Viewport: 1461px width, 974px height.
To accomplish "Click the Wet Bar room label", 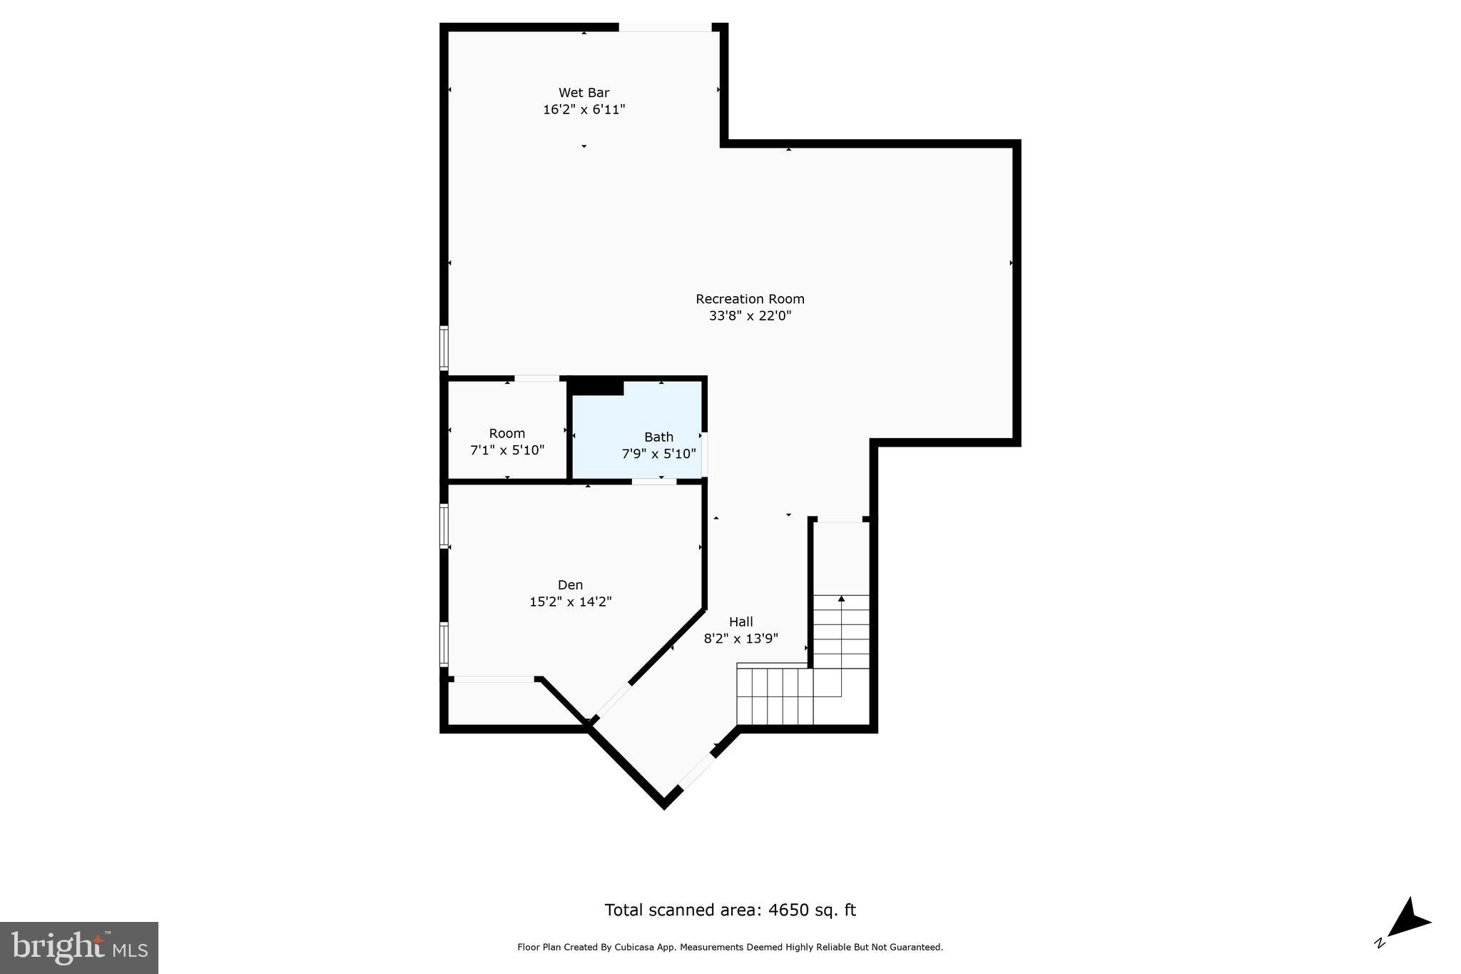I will coord(584,93).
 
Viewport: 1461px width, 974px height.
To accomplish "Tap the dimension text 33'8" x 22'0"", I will coord(750,316).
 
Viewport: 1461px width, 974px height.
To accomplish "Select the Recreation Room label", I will coord(750,299).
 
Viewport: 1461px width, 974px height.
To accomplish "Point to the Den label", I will coord(570,585).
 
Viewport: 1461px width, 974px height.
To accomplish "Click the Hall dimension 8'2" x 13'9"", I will coord(740,639).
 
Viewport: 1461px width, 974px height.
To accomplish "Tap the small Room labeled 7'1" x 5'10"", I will coord(506,442).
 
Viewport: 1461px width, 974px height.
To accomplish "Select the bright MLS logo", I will coord(78,948).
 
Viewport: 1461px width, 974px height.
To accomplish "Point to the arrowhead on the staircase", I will coord(841,599).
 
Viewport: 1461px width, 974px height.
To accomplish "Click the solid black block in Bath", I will coord(596,387).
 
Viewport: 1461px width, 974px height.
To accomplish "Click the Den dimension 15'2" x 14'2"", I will coord(570,602).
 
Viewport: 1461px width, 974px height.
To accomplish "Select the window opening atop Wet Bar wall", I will coord(664,28).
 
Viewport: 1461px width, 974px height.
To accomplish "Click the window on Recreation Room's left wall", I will coord(444,348).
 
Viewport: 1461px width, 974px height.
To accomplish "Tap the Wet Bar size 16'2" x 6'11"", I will coord(584,110).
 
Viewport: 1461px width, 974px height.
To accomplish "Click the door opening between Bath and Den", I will coord(653,482).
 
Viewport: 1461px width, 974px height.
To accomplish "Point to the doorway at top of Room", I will coord(536,378).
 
